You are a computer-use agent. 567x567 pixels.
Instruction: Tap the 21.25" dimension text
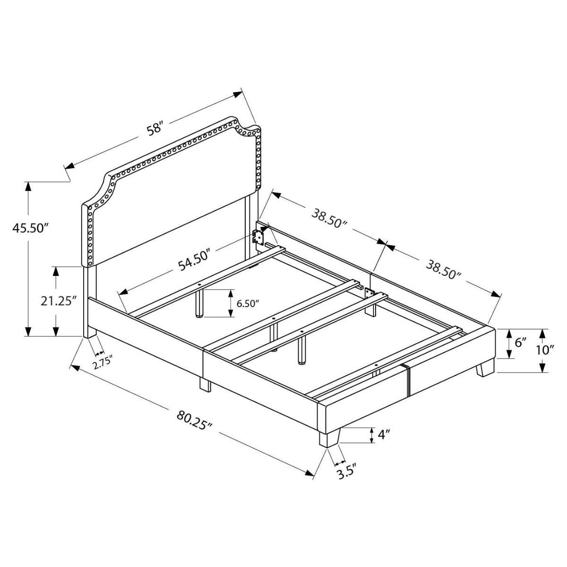click(59, 301)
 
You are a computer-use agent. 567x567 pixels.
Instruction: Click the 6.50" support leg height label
click(248, 303)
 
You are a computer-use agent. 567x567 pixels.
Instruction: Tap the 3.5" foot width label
click(346, 472)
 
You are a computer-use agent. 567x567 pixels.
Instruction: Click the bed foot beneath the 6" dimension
click(485, 369)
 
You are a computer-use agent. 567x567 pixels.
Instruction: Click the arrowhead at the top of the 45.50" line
click(29, 186)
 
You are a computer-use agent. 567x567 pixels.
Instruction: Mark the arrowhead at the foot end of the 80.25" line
click(310, 474)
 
